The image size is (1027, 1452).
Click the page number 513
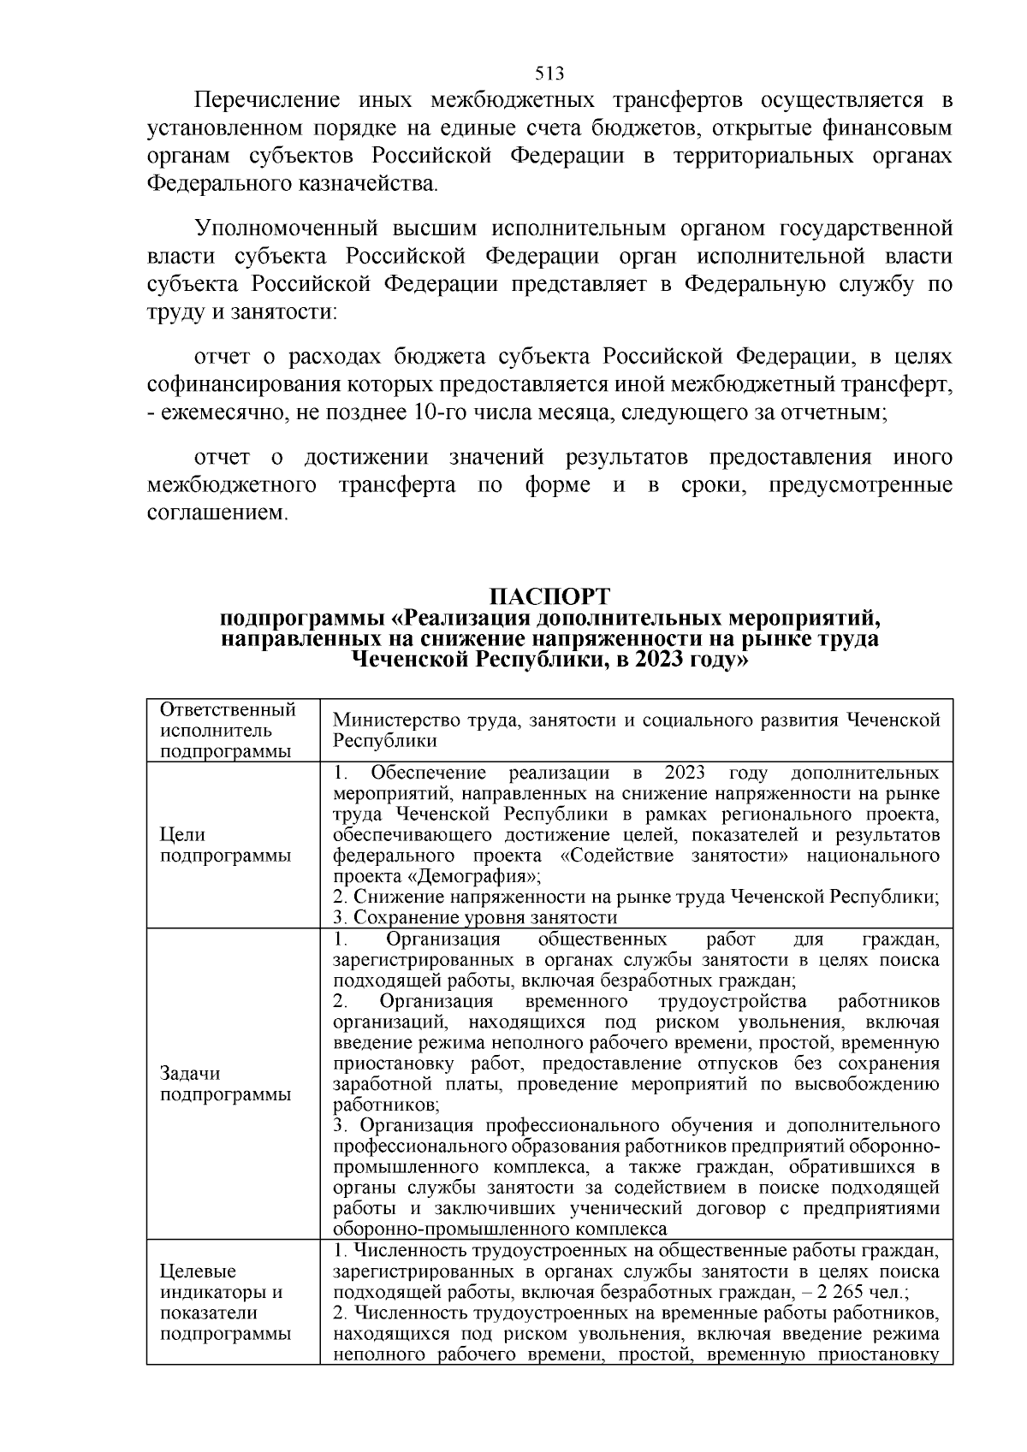[x=549, y=73]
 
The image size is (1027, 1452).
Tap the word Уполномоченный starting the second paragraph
[x=287, y=228]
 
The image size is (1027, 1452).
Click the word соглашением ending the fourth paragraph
[x=218, y=514]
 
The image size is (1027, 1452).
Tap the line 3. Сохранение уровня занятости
[x=475, y=917]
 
